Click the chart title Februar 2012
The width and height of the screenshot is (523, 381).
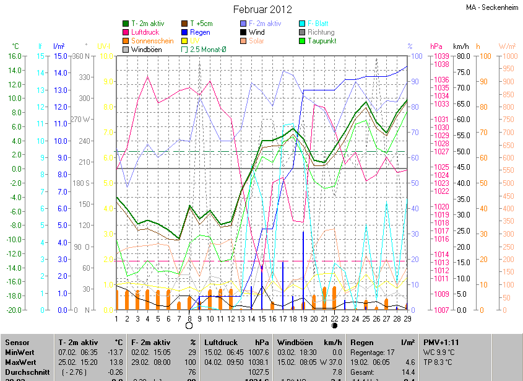pos(262,9)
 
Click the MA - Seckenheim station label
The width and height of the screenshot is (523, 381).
pos(493,7)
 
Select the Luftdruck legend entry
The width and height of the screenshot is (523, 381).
pos(149,32)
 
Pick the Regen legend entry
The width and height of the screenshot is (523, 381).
pos(200,32)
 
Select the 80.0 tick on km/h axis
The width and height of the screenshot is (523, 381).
pos(461,56)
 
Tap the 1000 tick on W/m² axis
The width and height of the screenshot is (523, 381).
pos(507,56)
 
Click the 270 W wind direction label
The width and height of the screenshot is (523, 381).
pos(81,120)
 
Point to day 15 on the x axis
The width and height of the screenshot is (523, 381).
pos(262,318)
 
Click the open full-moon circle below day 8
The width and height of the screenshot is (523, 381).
pos(189,325)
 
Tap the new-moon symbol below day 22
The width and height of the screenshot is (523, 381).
pos(334,325)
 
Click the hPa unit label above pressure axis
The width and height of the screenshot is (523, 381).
pos(436,46)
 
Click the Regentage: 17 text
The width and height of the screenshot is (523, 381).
pos(368,352)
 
